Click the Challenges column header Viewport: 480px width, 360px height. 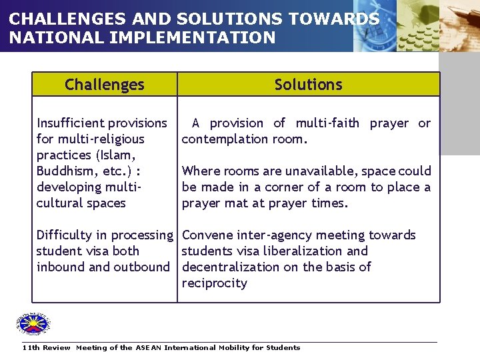click(x=105, y=85)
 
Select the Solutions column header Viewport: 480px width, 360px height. click(x=308, y=85)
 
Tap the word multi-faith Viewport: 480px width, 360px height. click(x=327, y=123)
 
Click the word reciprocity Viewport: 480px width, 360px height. click(x=214, y=283)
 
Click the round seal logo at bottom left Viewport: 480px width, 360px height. click(x=33, y=325)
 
